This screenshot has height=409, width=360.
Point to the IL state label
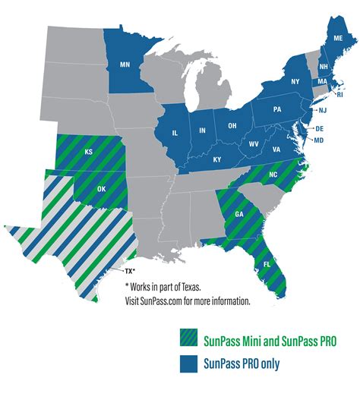click(175, 133)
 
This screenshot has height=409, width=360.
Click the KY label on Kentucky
click(216, 159)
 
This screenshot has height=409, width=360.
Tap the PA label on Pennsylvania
click(277, 110)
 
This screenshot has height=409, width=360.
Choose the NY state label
click(296, 80)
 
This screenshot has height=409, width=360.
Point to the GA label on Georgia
click(239, 215)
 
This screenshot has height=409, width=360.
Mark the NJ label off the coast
click(321, 111)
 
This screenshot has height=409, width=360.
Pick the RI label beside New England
click(340, 96)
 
